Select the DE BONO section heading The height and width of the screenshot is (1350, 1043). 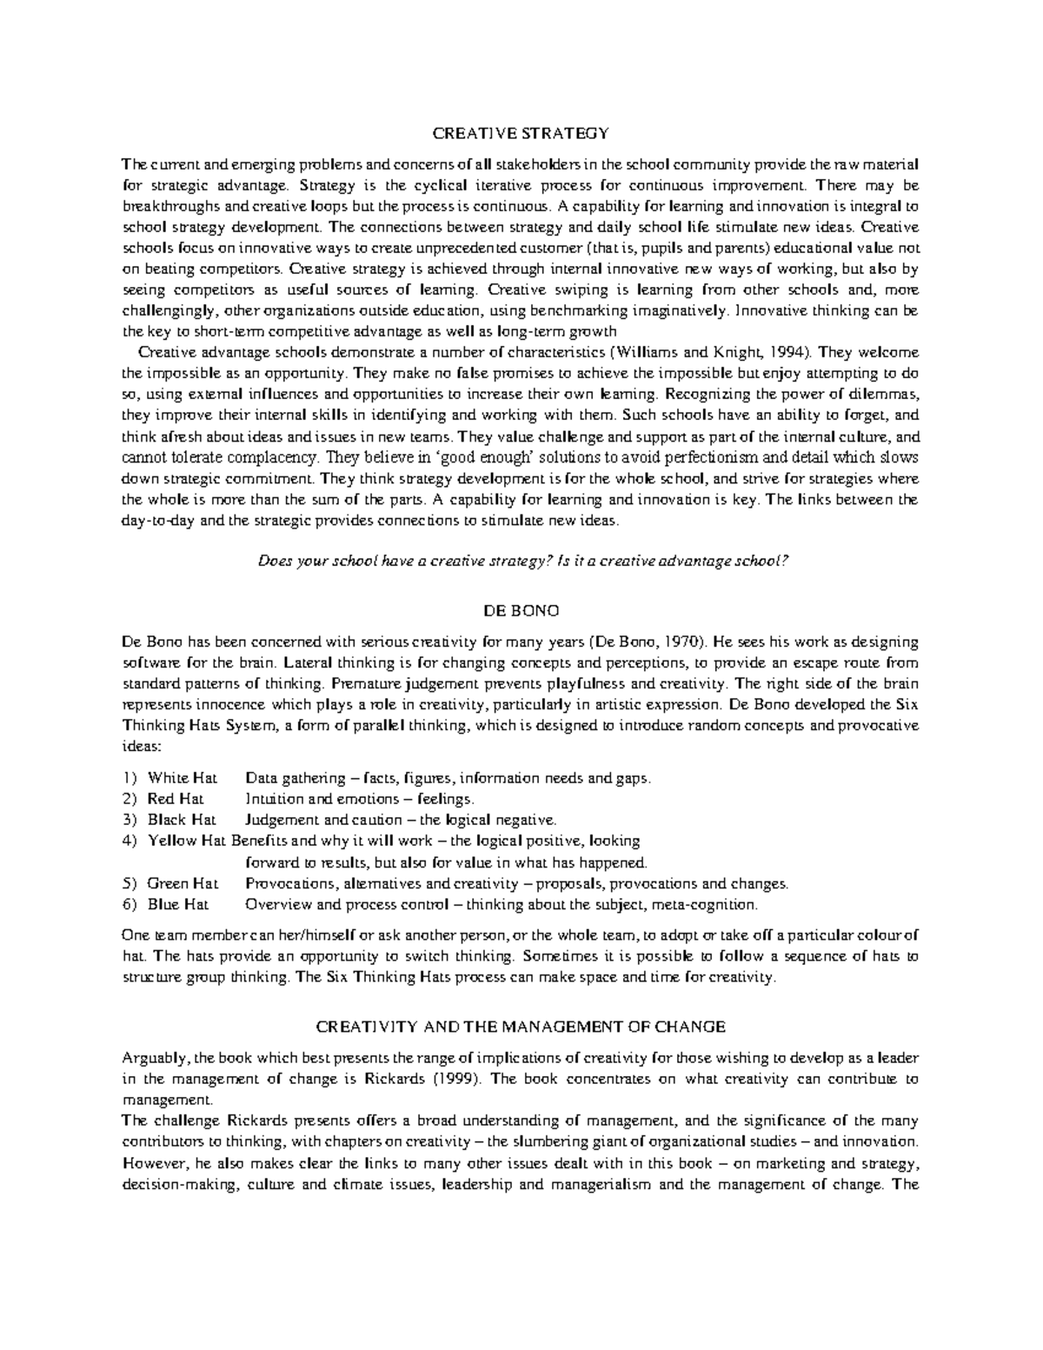521,611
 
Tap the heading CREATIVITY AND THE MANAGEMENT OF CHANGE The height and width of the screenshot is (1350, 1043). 521,1027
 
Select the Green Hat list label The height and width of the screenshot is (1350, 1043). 183,884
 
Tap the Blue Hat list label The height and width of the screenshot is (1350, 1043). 178,905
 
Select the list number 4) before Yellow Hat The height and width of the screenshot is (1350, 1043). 130,841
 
